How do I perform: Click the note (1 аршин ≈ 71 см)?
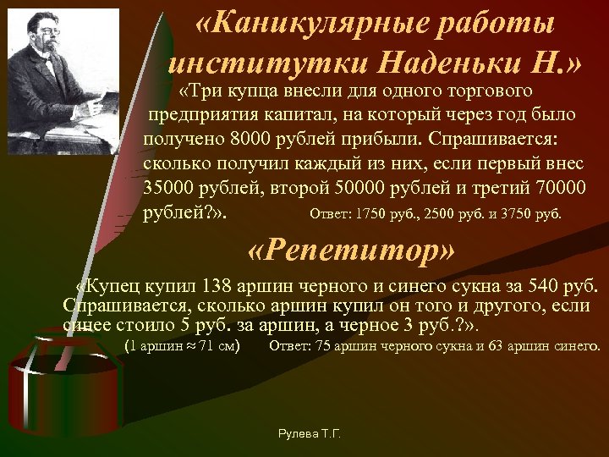182,345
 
